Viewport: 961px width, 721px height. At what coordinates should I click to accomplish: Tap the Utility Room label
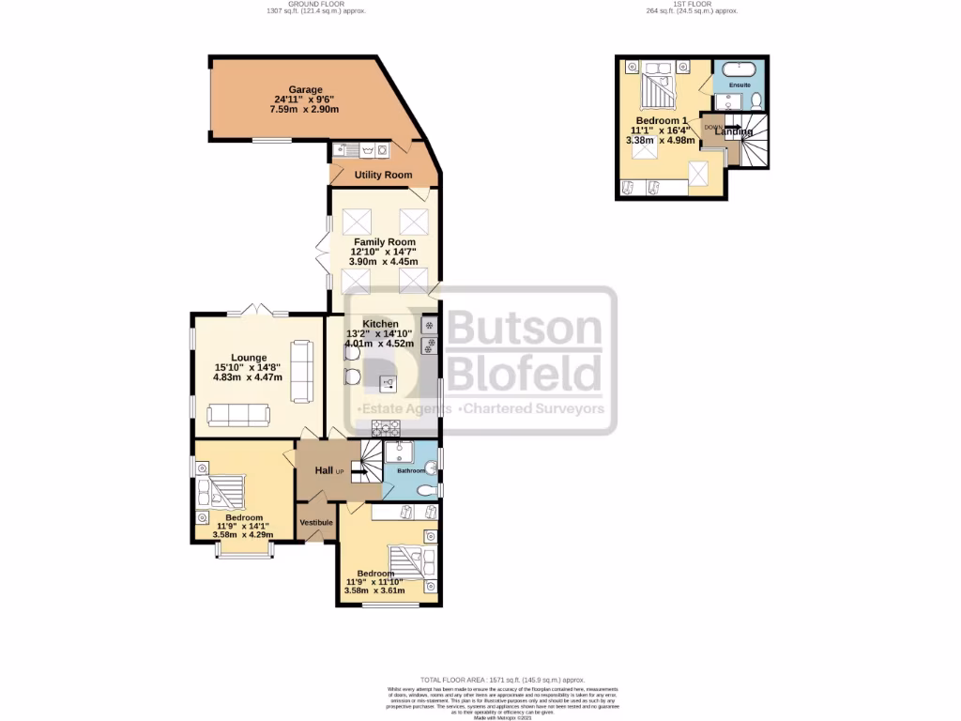383,175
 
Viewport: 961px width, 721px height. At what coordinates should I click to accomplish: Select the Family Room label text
384,241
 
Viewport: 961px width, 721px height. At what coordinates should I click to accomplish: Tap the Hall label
324,470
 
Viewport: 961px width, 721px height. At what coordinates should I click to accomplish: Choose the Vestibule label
317,522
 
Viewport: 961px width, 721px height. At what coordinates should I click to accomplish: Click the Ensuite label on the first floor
740,84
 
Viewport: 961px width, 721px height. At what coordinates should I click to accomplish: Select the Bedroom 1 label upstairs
660,120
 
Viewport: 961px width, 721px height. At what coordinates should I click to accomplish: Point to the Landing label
734,131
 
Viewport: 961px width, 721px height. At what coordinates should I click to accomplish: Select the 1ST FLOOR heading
692,4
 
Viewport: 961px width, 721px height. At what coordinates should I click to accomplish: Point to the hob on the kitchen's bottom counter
385,428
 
